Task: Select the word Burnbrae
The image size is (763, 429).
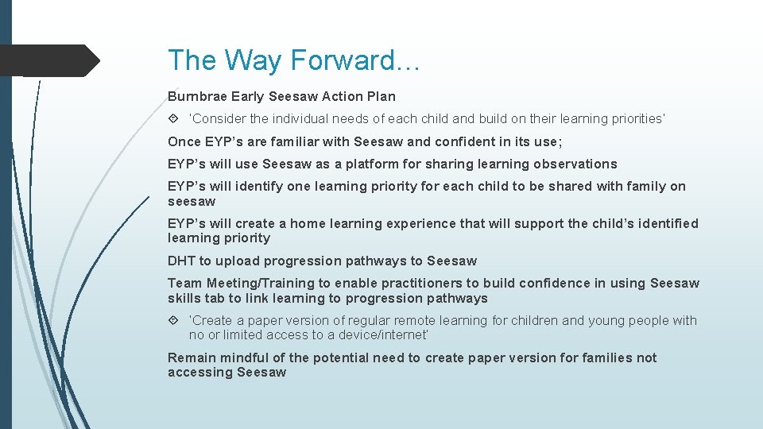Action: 197,97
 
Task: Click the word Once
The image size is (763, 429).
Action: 184,142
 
